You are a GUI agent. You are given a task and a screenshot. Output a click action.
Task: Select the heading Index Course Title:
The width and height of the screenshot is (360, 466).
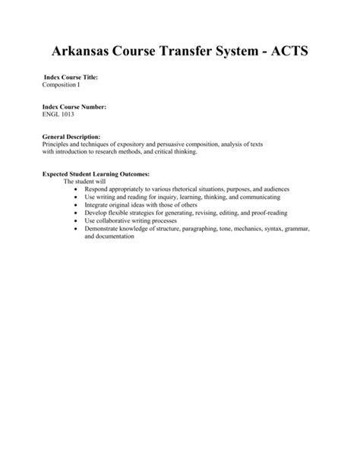(71, 78)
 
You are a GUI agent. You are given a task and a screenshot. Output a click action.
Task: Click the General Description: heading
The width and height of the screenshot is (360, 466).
(71, 137)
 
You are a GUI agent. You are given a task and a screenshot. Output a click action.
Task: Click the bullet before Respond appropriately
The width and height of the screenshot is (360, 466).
(77, 190)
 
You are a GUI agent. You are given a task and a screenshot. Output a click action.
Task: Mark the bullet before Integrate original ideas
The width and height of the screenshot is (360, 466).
(77, 205)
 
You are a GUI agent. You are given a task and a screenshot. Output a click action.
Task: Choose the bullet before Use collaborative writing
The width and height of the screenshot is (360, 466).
(77, 220)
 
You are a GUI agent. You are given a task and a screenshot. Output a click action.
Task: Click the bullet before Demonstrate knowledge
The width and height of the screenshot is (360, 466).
(77, 228)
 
